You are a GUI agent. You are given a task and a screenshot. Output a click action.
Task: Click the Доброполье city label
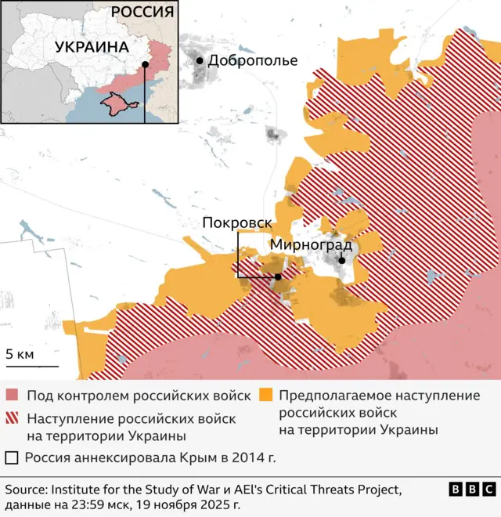pyautogui.click(x=253, y=60)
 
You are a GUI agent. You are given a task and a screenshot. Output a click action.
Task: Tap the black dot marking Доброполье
pyautogui.click(x=200, y=60)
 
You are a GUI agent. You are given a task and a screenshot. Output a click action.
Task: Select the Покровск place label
pyautogui.click(x=236, y=222)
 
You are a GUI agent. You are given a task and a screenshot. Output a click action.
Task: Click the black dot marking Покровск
pyautogui.click(x=278, y=277)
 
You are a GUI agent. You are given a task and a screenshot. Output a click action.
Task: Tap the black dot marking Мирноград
pyautogui.click(x=342, y=261)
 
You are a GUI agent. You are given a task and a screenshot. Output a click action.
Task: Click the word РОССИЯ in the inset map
pyautogui.click(x=142, y=12)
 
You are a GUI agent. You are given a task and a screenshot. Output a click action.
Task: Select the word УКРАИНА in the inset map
pyautogui.click(x=92, y=47)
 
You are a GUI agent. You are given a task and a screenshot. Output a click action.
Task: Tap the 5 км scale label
pyautogui.click(x=20, y=354)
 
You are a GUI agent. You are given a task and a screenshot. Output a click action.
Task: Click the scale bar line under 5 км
pyautogui.click(x=32, y=366)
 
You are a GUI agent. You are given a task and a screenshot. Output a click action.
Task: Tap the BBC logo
pyautogui.click(x=472, y=490)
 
